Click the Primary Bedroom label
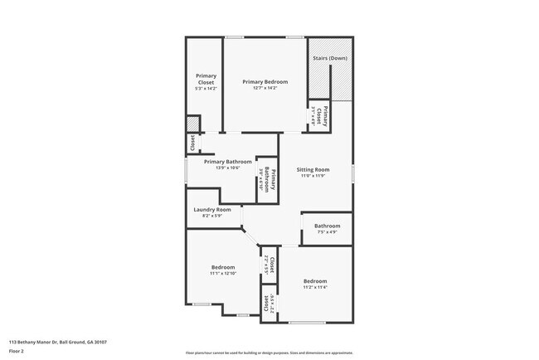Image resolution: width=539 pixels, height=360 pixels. (x=265, y=82)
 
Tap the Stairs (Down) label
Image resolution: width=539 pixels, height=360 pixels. (x=329, y=59)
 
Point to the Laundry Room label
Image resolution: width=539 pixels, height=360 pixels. (x=211, y=210)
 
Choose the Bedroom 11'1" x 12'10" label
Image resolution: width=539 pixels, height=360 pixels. (x=222, y=267)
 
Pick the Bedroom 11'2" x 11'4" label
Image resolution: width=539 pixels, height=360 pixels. (x=314, y=281)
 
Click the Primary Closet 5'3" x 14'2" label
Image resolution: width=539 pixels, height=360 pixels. (x=205, y=81)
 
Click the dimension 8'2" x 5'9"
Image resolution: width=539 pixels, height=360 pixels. (x=211, y=216)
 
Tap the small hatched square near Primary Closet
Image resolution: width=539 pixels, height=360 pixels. (x=192, y=124)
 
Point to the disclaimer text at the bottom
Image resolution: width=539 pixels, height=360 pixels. (x=269, y=352)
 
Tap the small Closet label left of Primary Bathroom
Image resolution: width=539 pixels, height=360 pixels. (x=192, y=144)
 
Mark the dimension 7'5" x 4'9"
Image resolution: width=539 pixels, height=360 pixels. (x=327, y=232)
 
